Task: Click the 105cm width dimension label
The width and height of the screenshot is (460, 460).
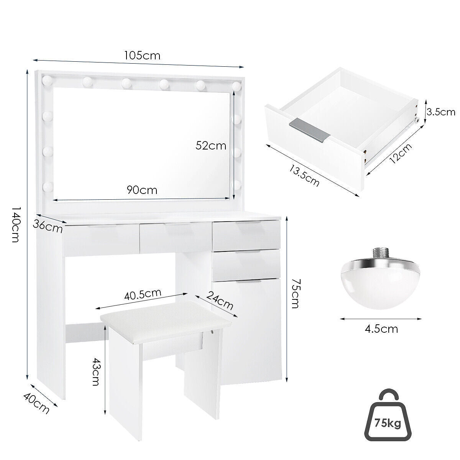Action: tap(142, 56)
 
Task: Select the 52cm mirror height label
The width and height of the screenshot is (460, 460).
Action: tap(211, 145)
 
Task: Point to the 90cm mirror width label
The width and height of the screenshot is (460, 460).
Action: tap(142, 190)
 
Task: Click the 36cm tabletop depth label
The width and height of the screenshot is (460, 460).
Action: tap(48, 226)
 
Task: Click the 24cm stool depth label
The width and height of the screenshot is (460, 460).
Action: tap(220, 300)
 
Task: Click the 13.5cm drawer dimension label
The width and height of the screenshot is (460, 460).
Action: tap(304, 176)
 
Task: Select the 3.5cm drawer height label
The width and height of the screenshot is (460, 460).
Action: tap(441, 112)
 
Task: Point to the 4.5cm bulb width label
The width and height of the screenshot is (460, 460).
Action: tap(381, 329)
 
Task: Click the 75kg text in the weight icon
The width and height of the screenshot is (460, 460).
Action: tap(388, 424)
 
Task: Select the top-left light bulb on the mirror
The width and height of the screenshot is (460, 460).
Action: tap(47, 80)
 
